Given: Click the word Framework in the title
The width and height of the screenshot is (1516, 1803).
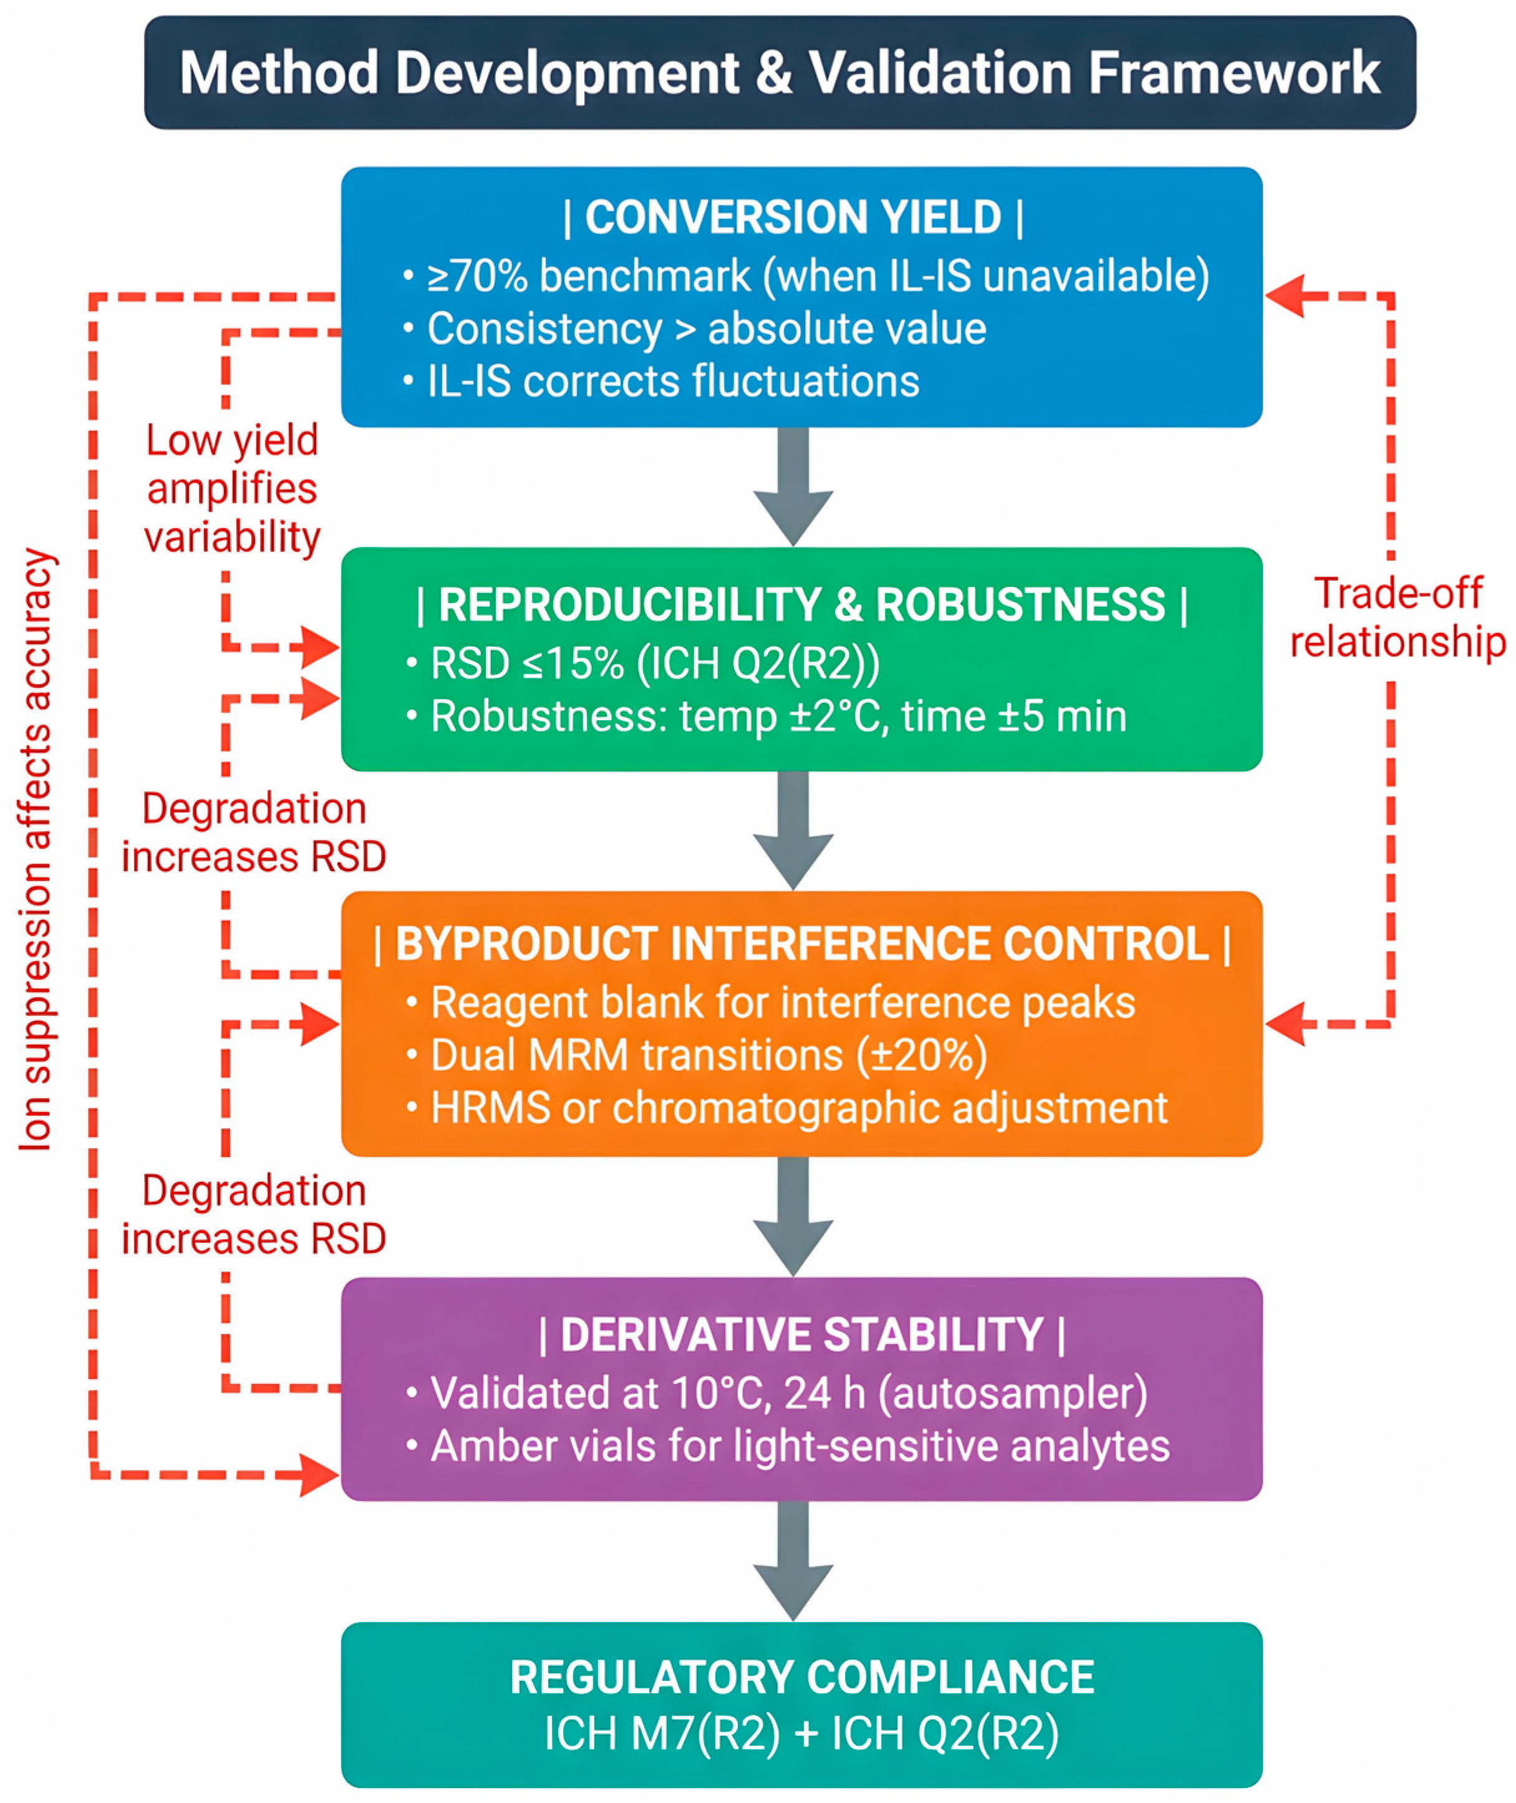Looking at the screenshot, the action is [x=1234, y=72].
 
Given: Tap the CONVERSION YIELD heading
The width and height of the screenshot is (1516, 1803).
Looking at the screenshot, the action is [x=793, y=216].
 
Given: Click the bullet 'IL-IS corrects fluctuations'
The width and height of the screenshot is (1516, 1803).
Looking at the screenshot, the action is [x=673, y=380].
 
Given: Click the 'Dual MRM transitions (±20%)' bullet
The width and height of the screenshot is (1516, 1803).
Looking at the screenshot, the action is [x=709, y=1055].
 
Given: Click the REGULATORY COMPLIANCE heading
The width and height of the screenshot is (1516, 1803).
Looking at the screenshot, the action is [x=802, y=1676].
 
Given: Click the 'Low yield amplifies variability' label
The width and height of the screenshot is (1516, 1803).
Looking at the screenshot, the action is [x=232, y=488].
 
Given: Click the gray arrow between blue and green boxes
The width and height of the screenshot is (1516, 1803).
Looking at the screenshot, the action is [x=793, y=486].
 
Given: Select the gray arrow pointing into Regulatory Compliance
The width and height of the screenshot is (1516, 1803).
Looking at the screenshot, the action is [x=793, y=1560].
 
